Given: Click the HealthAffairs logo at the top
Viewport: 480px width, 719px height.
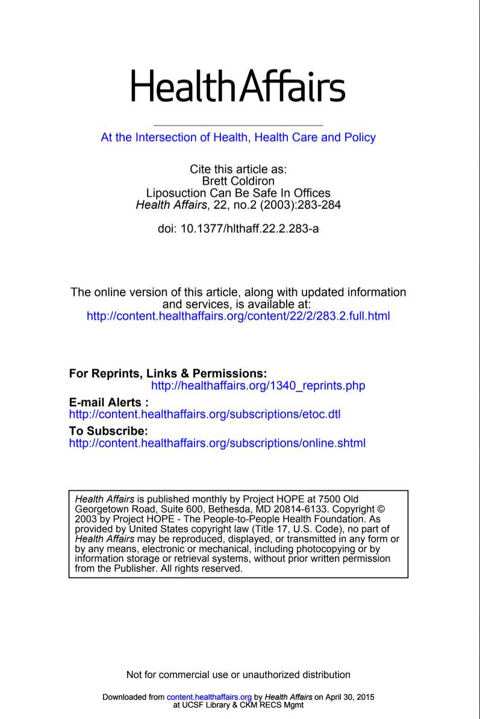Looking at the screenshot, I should coord(238,86).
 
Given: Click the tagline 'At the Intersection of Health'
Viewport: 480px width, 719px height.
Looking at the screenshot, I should coord(238,137).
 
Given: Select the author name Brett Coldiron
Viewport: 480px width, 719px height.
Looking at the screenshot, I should coord(238,181).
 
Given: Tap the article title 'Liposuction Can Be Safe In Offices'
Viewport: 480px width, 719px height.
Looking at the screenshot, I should coord(238,193).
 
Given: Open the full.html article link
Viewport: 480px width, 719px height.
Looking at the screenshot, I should coord(238,316).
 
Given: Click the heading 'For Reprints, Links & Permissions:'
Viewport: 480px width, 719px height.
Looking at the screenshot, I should coord(168,374).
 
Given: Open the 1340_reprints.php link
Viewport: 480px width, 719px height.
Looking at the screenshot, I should coord(258,385).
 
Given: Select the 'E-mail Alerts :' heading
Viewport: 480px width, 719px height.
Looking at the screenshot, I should coord(109,402).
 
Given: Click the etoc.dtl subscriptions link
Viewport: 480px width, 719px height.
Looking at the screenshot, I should coord(205,414).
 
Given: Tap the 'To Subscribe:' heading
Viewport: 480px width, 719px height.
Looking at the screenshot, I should coord(108,431).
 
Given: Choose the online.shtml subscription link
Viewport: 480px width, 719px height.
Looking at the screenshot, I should coord(217,443).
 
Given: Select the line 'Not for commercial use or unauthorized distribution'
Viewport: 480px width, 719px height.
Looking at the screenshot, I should coord(238,674).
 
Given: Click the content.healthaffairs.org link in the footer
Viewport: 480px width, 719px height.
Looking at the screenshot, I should coord(209,697).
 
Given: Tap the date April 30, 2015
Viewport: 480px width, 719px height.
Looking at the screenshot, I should coord(350,697).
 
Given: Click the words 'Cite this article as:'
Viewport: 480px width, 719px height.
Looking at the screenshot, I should coord(238,169).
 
